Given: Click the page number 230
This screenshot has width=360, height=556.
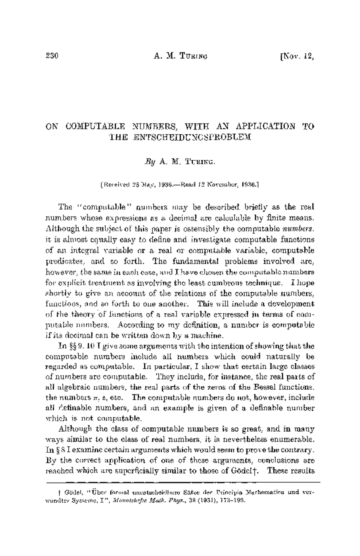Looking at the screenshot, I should point(52,56).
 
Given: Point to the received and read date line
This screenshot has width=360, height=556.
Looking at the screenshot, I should point(180,185).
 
